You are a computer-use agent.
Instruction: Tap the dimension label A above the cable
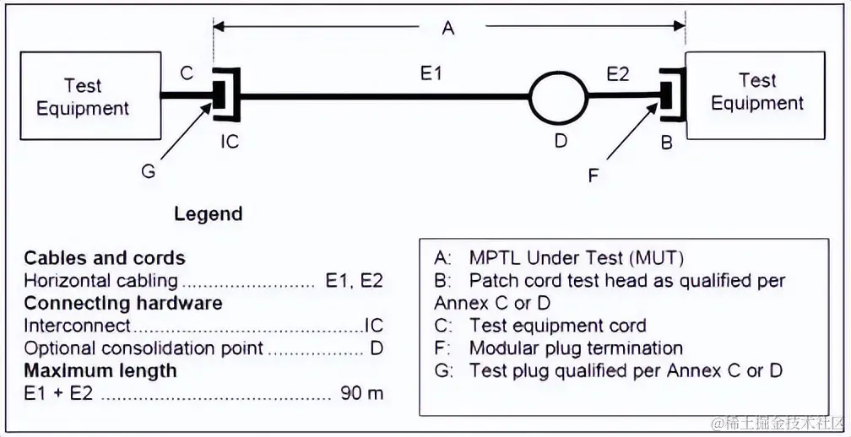[x=448, y=29]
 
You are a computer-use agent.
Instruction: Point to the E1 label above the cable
[x=431, y=73]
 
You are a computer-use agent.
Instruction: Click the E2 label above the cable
[x=618, y=73]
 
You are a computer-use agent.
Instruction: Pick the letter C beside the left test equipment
[x=187, y=73]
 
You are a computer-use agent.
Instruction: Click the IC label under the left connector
[x=230, y=141]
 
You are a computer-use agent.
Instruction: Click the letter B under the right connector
[x=666, y=143]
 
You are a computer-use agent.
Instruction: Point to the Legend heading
[x=208, y=213]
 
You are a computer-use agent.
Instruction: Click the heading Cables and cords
[x=104, y=258]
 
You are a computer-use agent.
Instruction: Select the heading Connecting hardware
[x=122, y=303]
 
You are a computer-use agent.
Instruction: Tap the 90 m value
[x=361, y=392]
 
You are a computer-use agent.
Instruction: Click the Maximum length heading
[x=100, y=370]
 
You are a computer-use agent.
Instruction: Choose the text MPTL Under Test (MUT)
[x=576, y=258]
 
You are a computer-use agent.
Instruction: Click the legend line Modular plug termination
[x=576, y=348]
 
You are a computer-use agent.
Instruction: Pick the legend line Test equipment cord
[x=557, y=326]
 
